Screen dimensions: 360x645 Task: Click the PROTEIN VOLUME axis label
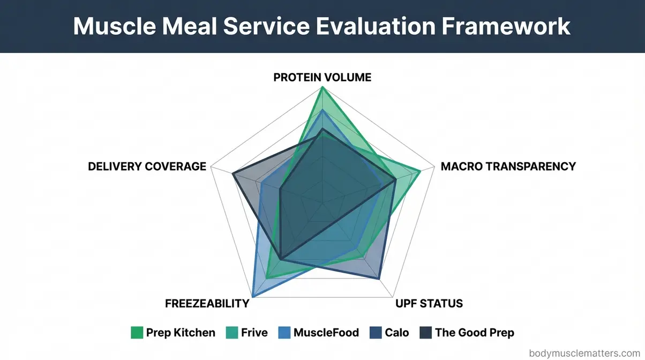click(x=322, y=77)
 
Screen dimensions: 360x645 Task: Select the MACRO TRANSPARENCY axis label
click(x=508, y=166)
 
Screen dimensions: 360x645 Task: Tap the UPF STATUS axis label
click(x=429, y=303)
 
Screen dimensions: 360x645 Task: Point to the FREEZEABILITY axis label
click(x=207, y=303)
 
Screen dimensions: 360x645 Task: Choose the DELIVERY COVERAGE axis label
click(x=147, y=166)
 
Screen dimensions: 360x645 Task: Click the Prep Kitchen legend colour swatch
click(x=137, y=333)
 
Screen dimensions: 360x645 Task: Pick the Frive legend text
click(x=254, y=333)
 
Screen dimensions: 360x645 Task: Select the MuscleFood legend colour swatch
click(x=284, y=333)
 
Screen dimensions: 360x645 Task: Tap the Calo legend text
click(x=396, y=333)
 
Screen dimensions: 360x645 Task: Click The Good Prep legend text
click(x=474, y=333)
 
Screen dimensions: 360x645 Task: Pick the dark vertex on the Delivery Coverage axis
click(x=232, y=174)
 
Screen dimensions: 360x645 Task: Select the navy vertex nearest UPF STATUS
click(x=379, y=279)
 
